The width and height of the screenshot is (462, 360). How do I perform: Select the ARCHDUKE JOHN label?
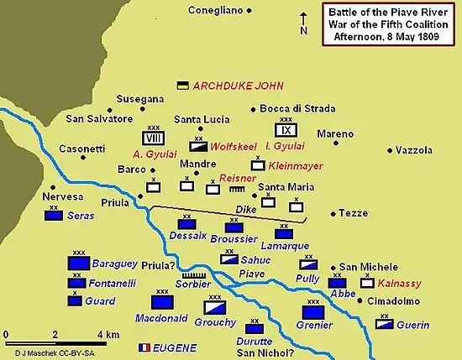pos(239,86)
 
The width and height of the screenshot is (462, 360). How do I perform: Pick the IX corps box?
pos(286,130)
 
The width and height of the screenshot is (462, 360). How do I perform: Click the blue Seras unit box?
pos(55,216)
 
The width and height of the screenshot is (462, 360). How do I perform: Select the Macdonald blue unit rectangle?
pos(160,303)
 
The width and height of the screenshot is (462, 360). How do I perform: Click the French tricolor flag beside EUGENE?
pos(144,347)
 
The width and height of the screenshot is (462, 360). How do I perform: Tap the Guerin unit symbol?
pos(385,322)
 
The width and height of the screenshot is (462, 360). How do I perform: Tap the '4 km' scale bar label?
pos(108,334)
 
